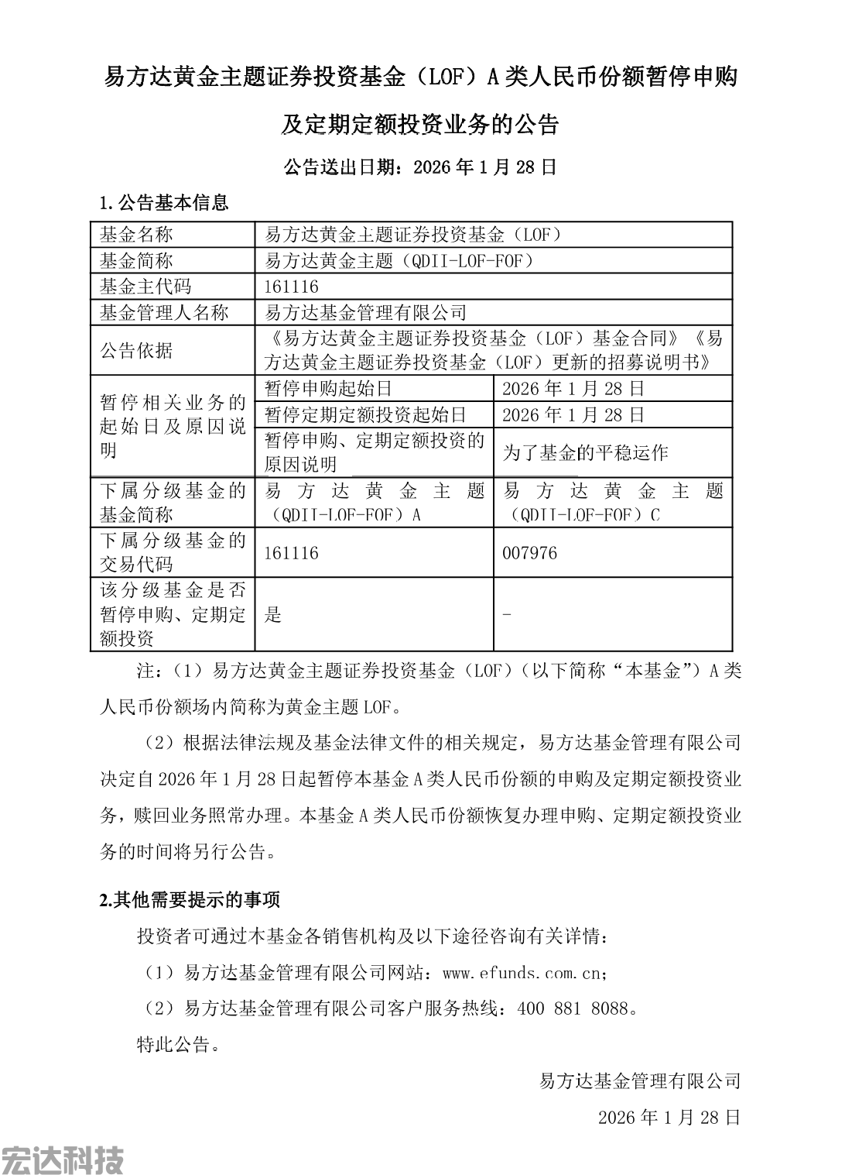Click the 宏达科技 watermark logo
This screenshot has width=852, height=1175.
pyautogui.click(x=62, y=1160)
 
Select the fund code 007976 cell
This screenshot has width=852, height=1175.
pyautogui.click(x=530, y=553)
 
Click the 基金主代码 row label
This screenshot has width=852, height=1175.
pyautogui.click(x=145, y=287)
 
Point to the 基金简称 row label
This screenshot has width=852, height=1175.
pyautogui.click(x=136, y=261)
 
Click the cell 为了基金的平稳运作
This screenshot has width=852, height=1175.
pyautogui.click(x=585, y=453)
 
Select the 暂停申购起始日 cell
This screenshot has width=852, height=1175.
pyautogui.click(x=328, y=389)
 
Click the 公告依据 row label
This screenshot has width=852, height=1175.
pyautogui.click(x=136, y=350)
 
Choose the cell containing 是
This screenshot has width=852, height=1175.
pyautogui.click(x=273, y=615)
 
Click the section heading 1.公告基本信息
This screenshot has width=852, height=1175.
pyautogui.click(x=165, y=204)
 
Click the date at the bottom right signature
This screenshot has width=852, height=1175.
pyautogui.click(x=669, y=1117)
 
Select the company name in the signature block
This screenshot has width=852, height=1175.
pyautogui.click(x=639, y=1081)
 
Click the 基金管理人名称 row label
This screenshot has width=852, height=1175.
pyautogui.click(x=164, y=313)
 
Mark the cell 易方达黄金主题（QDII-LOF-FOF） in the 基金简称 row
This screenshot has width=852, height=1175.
pyautogui.click(x=399, y=261)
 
